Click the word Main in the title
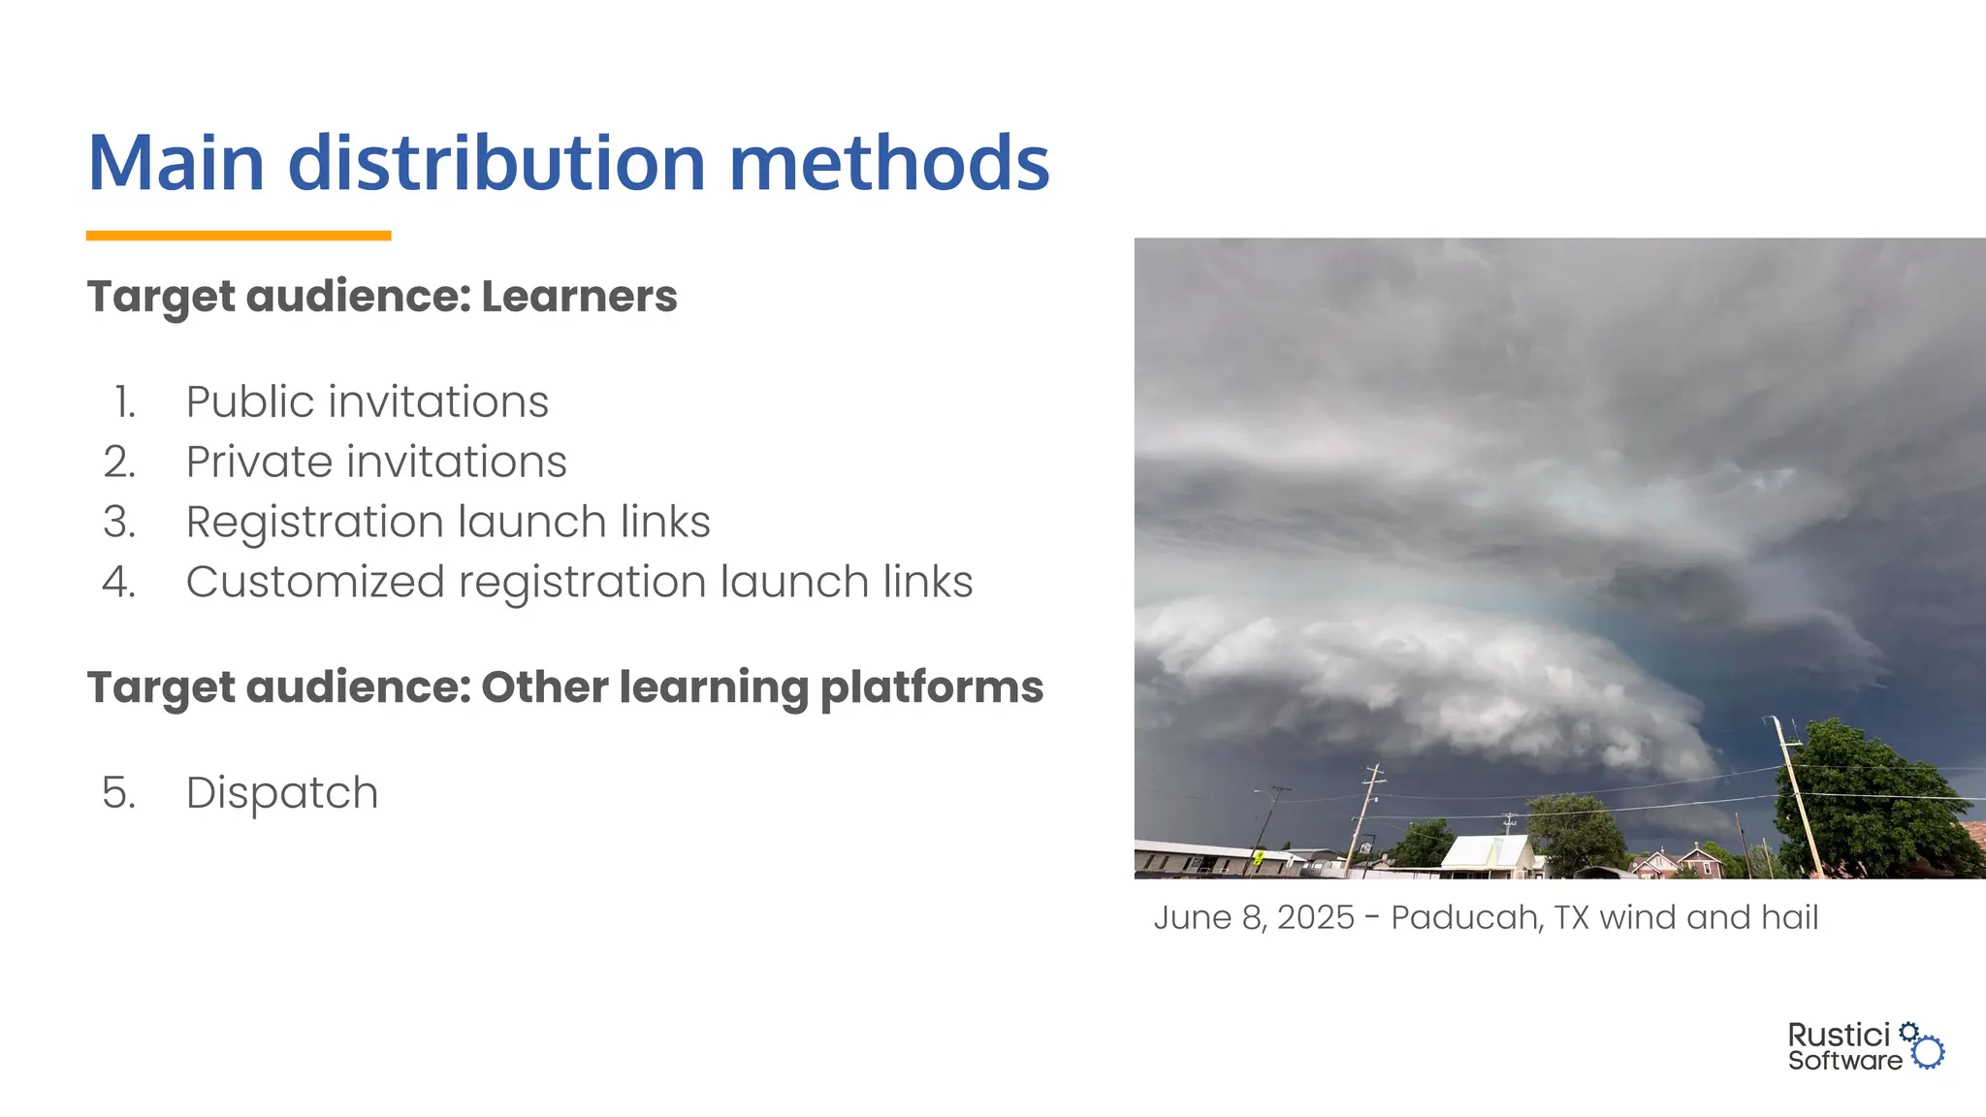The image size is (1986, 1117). tap(176, 163)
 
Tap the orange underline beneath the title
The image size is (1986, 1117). tap(239, 236)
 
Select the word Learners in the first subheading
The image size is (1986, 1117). tap(579, 297)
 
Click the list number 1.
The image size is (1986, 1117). tap(124, 402)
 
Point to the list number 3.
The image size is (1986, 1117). tap(119, 523)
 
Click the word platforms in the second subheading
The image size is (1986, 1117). tap(931, 687)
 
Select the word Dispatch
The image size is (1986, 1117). tap(281, 793)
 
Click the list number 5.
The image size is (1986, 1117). tap(118, 793)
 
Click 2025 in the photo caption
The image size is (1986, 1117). tap(1315, 917)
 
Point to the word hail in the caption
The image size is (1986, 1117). tap(1790, 917)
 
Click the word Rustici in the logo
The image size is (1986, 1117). tap(1839, 1036)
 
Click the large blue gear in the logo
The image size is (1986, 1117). tap(1929, 1052)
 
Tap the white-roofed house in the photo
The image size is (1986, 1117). tap(1487, 853)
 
